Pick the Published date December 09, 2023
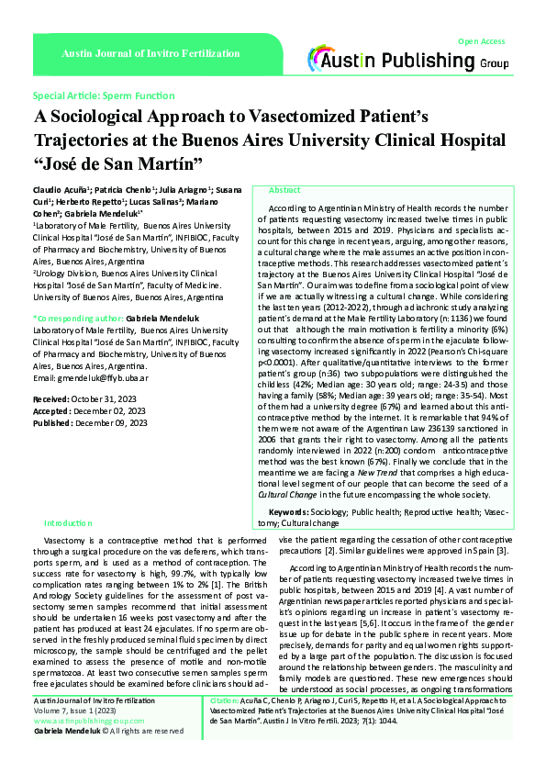pyautogui.click(x=114, y=422)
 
